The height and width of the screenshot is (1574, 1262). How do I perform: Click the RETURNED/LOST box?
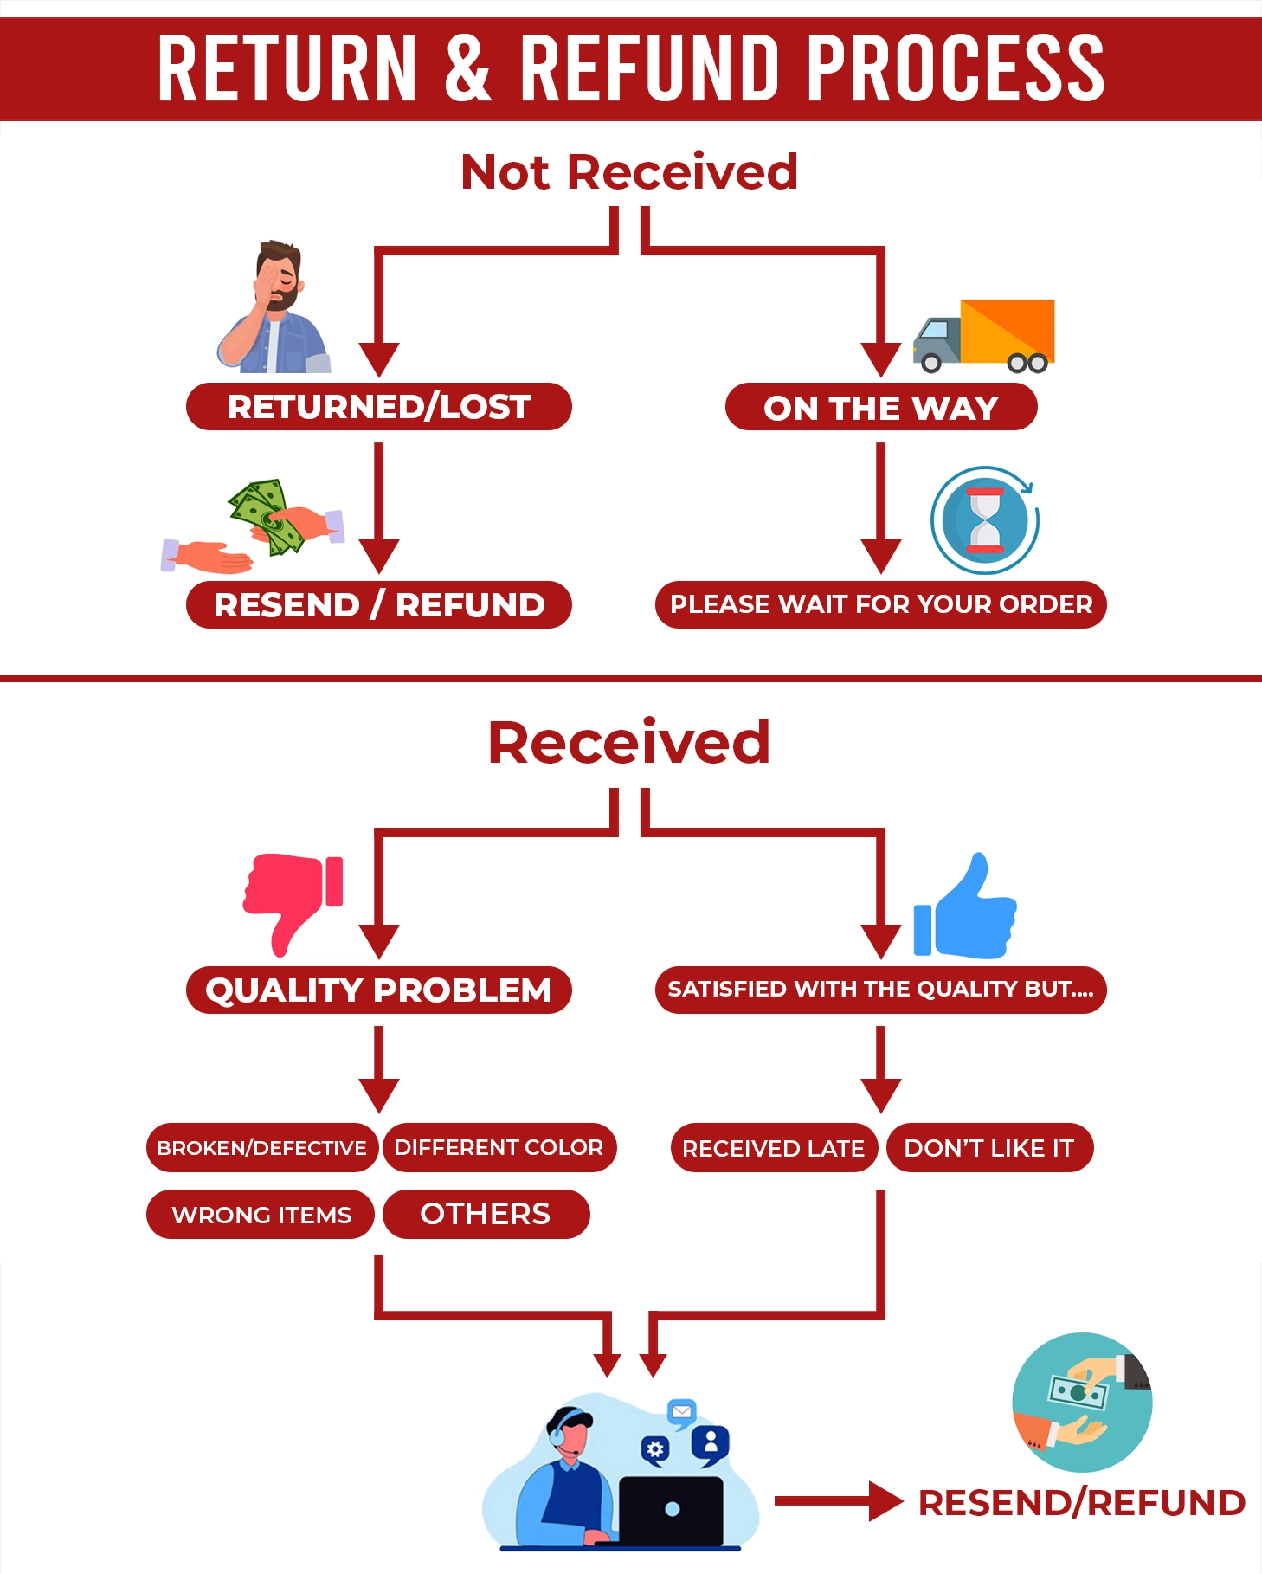pos(378,406)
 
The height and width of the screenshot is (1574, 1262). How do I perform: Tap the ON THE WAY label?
pos(880,407)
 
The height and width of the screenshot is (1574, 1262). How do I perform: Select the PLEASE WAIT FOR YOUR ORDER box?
pos(880,604)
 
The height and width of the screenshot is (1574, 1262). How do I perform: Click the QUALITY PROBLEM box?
pos(378,990)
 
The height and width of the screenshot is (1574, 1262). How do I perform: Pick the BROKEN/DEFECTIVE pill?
pos(261,1148)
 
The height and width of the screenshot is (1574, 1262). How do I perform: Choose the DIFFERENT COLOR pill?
pos(499,1148)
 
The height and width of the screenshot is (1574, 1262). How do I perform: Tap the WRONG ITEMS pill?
pos(261,1215)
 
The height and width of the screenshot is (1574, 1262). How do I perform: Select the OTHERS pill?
pos(486,1214)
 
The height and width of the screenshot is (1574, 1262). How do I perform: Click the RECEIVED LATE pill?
pos(773,1148)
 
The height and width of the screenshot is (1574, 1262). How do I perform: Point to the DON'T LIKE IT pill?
pos(989,1148)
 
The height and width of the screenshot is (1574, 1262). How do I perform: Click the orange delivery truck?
pos(985,335)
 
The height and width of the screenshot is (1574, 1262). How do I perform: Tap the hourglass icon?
pos(985,520)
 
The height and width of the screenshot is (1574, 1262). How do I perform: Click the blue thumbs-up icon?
pos(965,909)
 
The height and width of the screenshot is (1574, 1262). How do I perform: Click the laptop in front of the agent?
pos(672,1511)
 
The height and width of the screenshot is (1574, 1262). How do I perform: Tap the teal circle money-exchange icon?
pos(1082,1402)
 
